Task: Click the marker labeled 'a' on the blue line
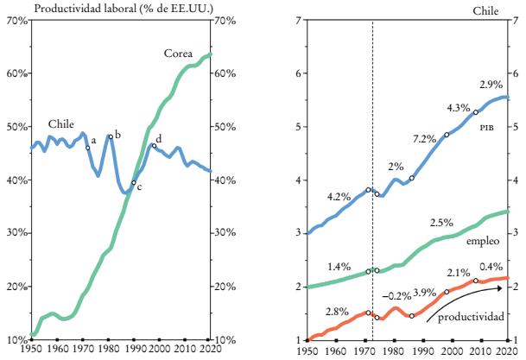coord(88,148)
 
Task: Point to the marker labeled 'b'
coord(111,136)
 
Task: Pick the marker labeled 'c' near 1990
coord(133,182)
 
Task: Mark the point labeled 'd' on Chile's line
coord(154,146)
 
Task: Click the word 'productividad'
coord(471,318)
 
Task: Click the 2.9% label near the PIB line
coord(491,85)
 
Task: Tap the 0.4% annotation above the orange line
coord(491,267)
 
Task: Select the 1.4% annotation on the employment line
coord(339,267)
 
